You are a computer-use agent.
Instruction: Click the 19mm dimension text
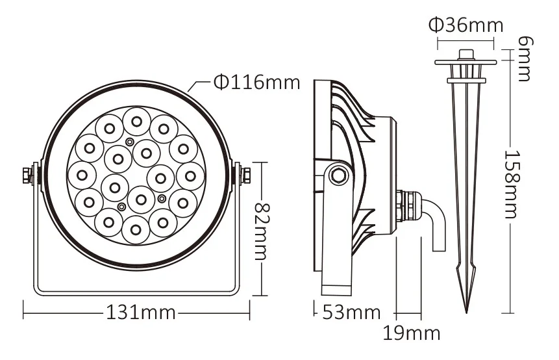click(x=411, y=334)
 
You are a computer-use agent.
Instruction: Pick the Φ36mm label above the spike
click(x=466, y=25)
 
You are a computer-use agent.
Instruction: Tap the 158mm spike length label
click(x=515, y=185)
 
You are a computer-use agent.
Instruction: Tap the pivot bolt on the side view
click(x=336, y=175)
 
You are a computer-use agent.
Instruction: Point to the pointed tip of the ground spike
click(x=466, y=309)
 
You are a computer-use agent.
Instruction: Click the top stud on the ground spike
click(x=466, y=53)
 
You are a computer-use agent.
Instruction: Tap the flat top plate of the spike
click(x=466, y=62)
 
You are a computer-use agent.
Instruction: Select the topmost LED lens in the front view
click(x=136, y=120)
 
